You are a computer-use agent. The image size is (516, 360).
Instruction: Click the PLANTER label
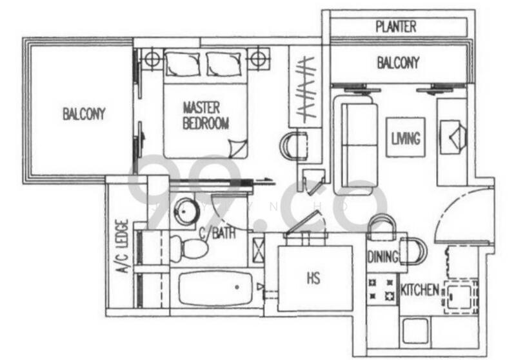(x=396, y=27)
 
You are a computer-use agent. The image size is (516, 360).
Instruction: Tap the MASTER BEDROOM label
(x=206, y=115)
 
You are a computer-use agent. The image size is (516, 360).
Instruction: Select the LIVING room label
(x=406, y=138)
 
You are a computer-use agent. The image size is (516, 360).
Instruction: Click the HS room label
(x=313, y=279)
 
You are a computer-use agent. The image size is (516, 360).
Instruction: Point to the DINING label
(x=382, y=257)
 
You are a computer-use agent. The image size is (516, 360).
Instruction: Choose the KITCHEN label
(x=420, y=290)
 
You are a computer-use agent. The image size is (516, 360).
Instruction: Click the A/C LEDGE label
(x=123, y=248)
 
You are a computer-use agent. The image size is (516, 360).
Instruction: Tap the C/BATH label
(x=217, y=232)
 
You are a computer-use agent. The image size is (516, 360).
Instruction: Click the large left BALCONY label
(x=84, y=114)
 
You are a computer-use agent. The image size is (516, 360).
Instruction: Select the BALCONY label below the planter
(x=398, y=63)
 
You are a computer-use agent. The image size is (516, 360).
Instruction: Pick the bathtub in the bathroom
(x=216, y=288)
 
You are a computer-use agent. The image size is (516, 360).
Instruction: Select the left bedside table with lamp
(x=152, y=59)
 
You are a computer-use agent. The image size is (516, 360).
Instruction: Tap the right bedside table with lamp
(x=257, y=59)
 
